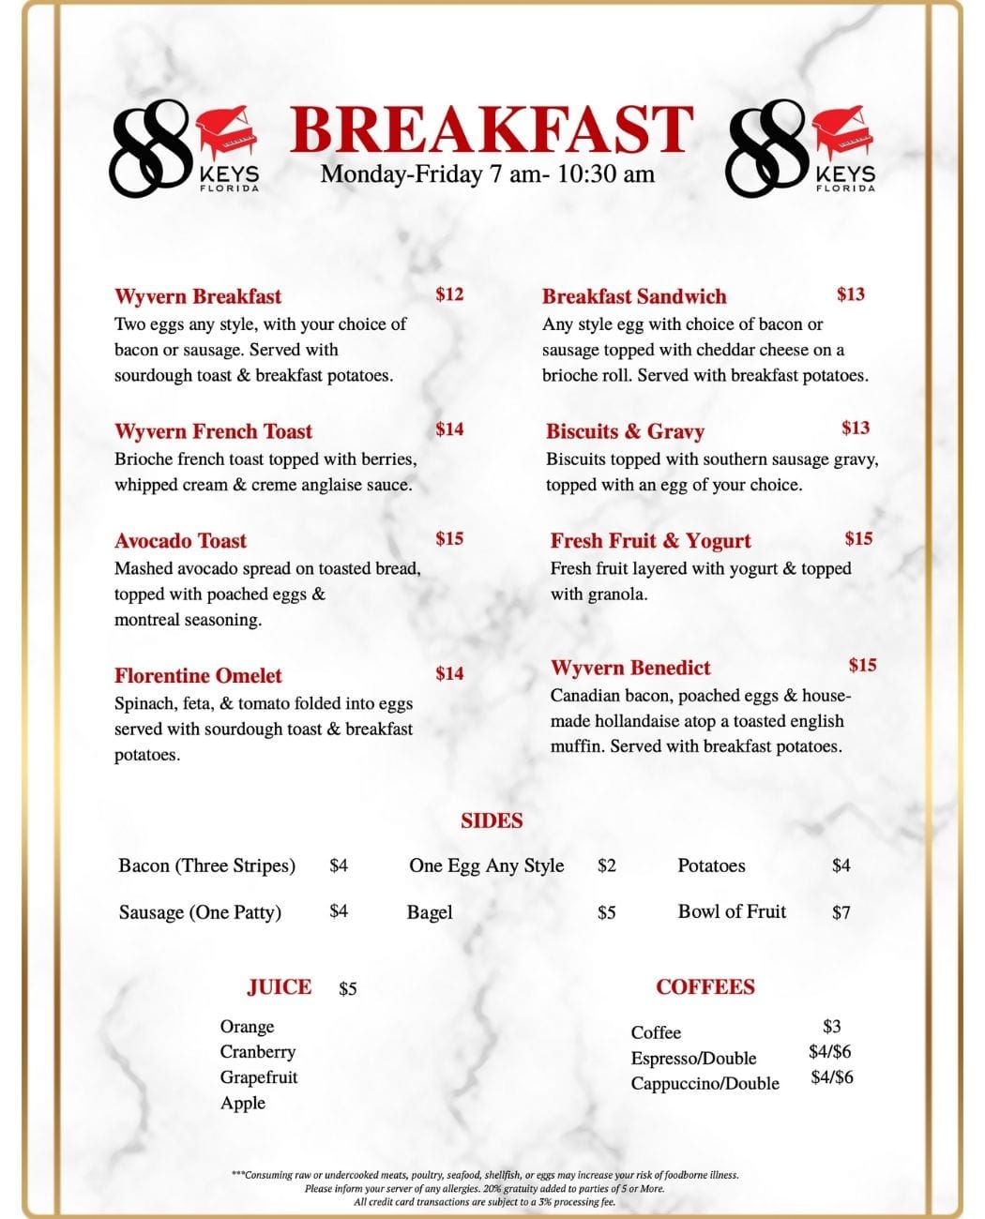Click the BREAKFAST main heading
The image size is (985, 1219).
pyautogui.click(x=492, y=129)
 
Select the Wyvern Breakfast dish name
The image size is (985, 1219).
pyautogui.click(x=198, y=297)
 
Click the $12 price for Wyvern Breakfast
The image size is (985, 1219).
pyautogui.click(x=449, y=294)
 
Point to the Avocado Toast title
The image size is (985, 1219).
pyautogui.click(x=180, y=541)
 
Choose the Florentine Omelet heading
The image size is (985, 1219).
pyautogui.click(x=198, y=676)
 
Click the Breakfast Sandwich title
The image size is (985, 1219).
pyautogui.click(x=634, y=297)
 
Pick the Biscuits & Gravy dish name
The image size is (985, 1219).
pyautogui.click(x=625, y=431)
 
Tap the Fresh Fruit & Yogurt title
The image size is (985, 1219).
pyautogui.click(x=651, y=541)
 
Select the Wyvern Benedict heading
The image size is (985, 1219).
pyautogui.click(x=630, y=668)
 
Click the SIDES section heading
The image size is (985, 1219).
pyautogui.click(x=492, y=820)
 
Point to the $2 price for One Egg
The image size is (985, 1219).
pyautogui.click(x=607, y=865)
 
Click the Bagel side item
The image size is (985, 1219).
pyautogui.click(x=430, y=912)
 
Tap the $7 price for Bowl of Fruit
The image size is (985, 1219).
pyautogui.click(x=841, y=912)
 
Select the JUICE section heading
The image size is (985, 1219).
pyautogui.click(x=280, y=987)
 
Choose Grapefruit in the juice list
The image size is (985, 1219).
pyautogui.click(x=259, y=1077)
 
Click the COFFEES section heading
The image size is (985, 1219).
pyautogui.click(x=705, y=987)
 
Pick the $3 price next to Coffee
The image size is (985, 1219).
pyautogui.click(x=832, y=1027)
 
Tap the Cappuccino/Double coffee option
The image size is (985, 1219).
pyautogui.click(x=705, y=1084)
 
